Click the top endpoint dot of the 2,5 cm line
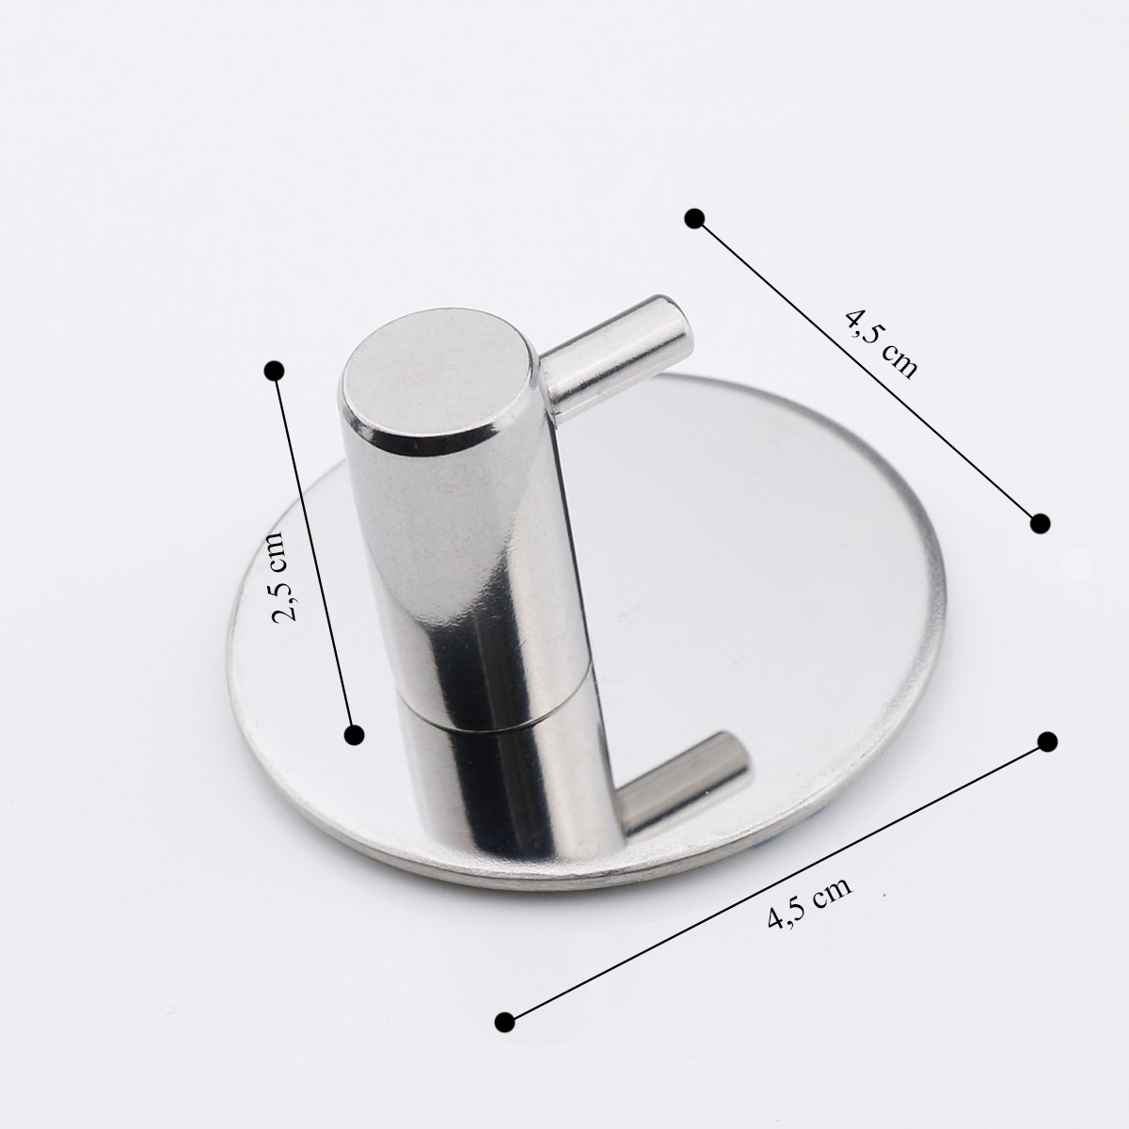(274, 371)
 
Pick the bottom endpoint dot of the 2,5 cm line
(355, 735)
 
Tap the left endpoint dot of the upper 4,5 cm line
(694, 218)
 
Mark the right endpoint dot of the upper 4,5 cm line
(1040, 523)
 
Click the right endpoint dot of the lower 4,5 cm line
(1047, 741)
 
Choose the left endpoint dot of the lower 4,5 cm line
(504, 1039)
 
